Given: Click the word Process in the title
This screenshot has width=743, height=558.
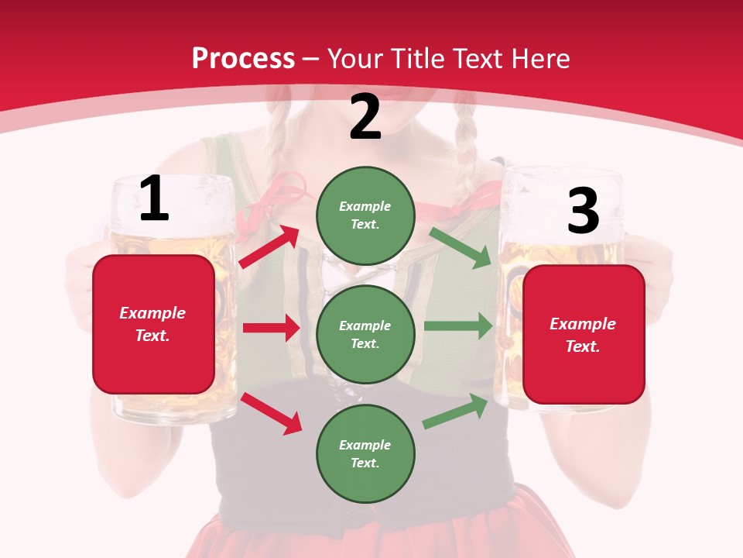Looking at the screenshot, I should [243, 59].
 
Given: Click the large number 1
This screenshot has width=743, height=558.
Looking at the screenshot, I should [154, 200].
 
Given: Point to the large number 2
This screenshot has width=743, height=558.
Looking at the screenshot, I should [365, 117].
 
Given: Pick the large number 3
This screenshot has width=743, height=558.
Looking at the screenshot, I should [583, 212].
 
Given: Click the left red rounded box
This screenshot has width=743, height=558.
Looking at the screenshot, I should [153, 324].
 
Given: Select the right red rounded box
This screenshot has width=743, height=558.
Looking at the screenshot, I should [584, 335].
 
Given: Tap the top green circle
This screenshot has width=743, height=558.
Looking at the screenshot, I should [365, 215].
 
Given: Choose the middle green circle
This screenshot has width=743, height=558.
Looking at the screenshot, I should [365, 334].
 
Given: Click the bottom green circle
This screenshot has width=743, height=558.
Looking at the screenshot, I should [365, 453].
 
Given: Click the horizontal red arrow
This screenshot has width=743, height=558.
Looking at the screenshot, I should [271, 328].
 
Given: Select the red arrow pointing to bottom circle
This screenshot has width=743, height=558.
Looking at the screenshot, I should [271, 413].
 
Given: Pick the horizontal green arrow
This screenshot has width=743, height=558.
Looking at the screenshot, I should [458, 326].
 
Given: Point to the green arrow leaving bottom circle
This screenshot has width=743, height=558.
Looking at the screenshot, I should [455, 412].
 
